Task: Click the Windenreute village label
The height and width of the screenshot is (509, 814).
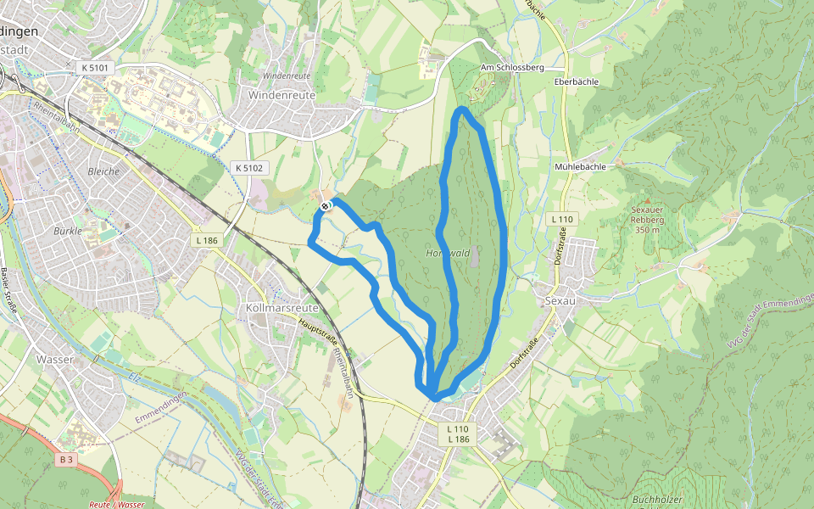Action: pyautogui.click(x=282, y=95)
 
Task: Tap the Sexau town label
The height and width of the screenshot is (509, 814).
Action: pyautogui.click(x=560, y=301)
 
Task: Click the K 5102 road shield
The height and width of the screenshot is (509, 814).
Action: pyautogui.click(x=249, y=168)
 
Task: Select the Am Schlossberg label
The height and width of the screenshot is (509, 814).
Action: pyautogui.click(x=511, y=67)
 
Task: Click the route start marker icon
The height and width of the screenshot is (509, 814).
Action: pyautogui.click(x=326, y=206)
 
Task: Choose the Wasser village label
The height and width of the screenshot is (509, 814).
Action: pyautogui.click(x=55, y=359)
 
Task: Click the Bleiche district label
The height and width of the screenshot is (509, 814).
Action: pyautogui.click(x=103, y=171)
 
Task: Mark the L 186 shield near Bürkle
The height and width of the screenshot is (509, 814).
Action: pyautogui.click(x=207, y=242)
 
